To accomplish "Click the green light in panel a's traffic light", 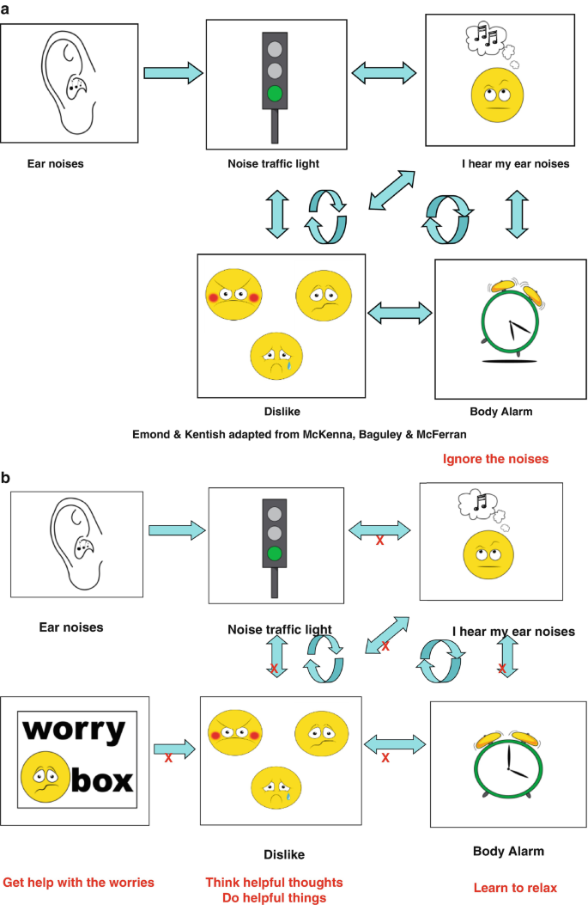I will click(x=274, y=93).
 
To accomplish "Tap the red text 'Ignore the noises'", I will click(x=495, y=459).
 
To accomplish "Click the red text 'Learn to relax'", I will click(x=515, y=887).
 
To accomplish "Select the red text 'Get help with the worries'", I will click(x=79, y=882).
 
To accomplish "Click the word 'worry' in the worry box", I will click(x=74, y=730).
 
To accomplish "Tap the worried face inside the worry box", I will click(x=44, y=778).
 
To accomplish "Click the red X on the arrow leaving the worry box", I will click(x=168, y=758).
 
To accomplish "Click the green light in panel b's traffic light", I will click(x=275, y=553).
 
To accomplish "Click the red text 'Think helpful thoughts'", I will click(x=274, y=882).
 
